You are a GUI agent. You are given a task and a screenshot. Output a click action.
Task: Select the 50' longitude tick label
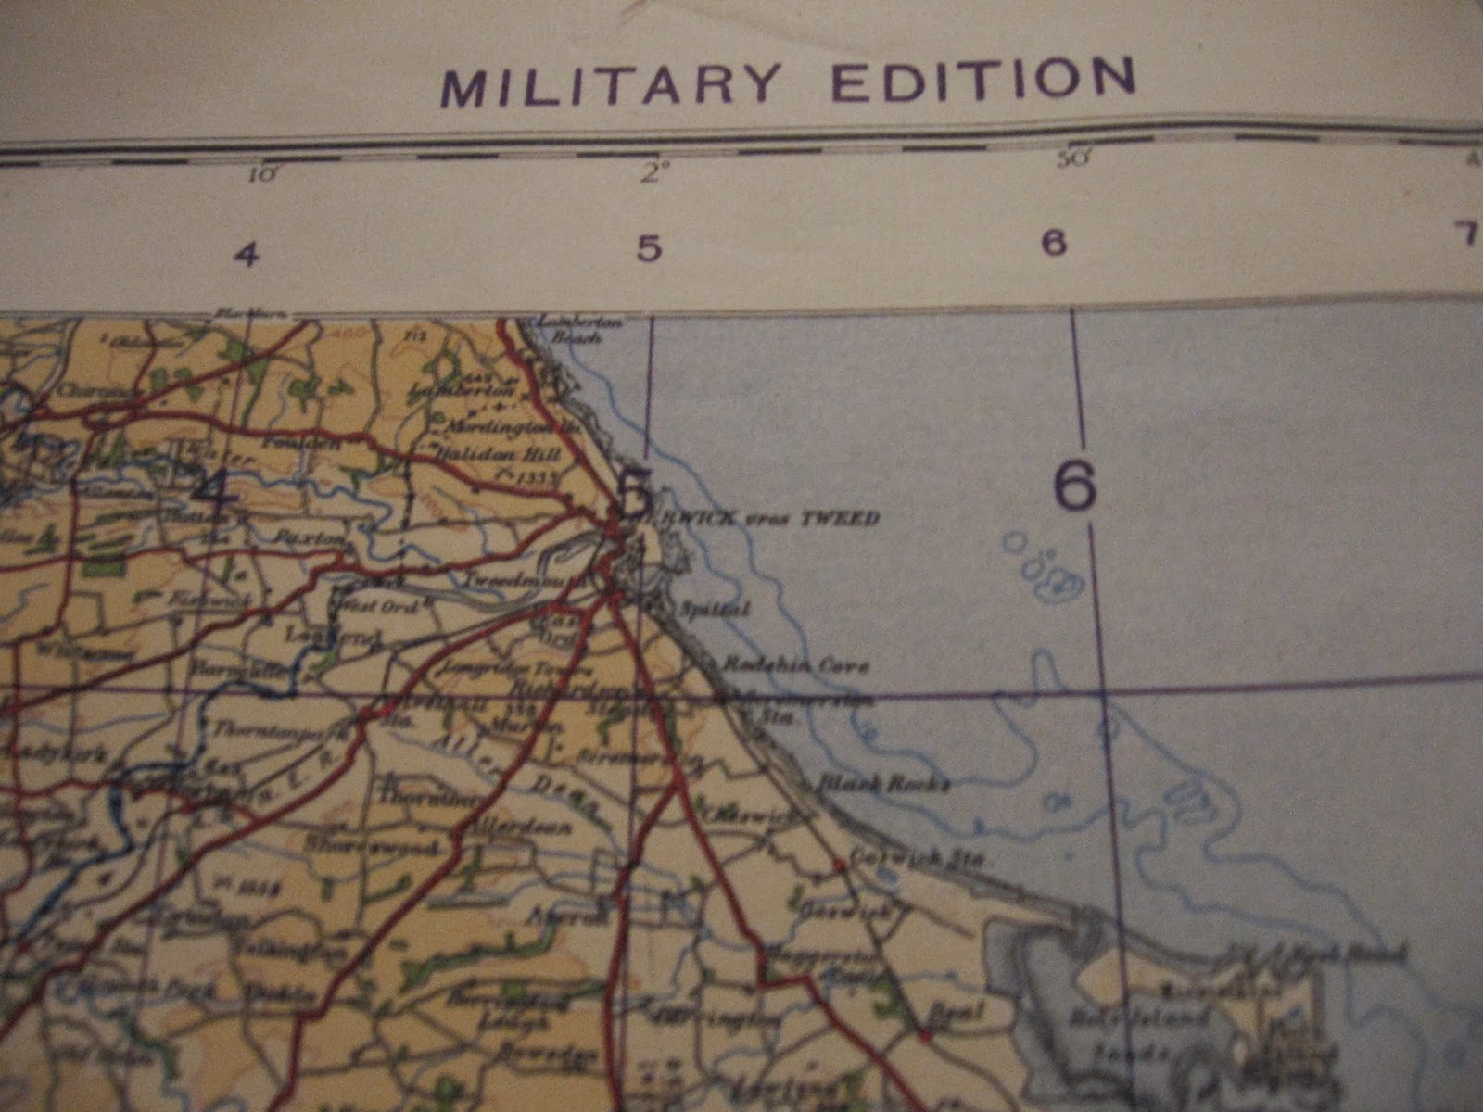pos(1071,158)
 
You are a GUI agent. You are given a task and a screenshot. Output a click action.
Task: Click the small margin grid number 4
pos(247,254)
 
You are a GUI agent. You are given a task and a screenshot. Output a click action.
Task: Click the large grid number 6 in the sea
pos(1075,486)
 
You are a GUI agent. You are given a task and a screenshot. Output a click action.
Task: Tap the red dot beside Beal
pos(925,1032)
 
